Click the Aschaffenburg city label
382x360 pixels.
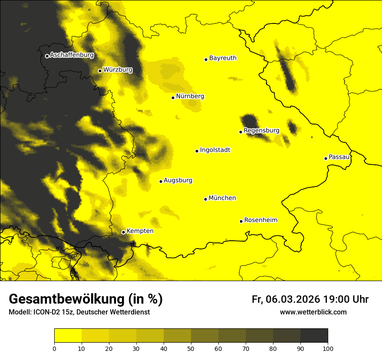coord(72,55)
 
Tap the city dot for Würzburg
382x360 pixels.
coord(100,71)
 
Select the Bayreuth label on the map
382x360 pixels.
coord(223,58)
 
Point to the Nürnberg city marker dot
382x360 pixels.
coord(173,98)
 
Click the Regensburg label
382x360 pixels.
coord(261,131)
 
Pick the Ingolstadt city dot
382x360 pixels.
coord(197,151)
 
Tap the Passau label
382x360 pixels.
coord(339,157)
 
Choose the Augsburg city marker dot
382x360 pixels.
coord(161,181)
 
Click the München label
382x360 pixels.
coord(222,198)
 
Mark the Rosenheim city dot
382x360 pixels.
coord(241,221)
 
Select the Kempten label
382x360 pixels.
coord(140,231)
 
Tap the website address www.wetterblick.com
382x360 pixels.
coord(313,312)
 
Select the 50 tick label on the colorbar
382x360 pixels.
coord(191,348)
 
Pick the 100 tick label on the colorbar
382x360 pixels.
coord(328,348)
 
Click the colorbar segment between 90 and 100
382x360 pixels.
coord(314,335)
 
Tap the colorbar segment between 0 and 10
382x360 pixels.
coord(68,335)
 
